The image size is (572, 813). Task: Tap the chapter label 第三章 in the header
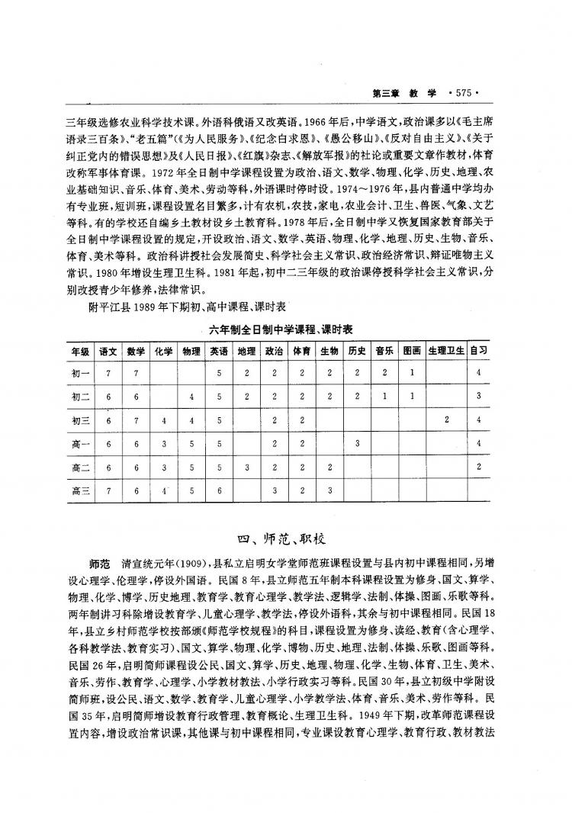pyautogui.click(x=387, y=93)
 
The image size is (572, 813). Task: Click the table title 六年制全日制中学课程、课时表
pyautogui.click(x=284, y=328)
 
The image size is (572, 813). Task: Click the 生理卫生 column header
pyautogui.click(x=446, y=351)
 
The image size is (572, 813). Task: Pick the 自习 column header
pyautogui.click(x=479, y=351)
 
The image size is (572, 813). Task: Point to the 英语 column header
pyautogui.click(x=218, y=351)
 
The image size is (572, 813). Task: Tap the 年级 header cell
pyautogui.click(x=80, y=351)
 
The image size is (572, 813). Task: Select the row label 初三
pyautogui.click(x=80, y=420)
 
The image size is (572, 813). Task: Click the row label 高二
pyautogui.click(x=80, y=467)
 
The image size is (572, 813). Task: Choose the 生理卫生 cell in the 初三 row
pyautogui.click(x=446, y=420)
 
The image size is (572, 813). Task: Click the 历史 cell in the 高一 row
pyautogui.click(x=355, y=443)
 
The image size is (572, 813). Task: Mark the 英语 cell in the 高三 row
pyautogui.click(x=218, y=490)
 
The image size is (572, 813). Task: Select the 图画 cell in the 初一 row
pyautogui.click(x=412, y=373)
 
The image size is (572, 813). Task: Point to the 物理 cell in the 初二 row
pyautogui.click(x=191, y=397)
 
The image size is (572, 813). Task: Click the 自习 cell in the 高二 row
pyautogui.click(x=479, y=467)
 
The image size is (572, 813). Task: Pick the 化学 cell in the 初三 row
pyautogui.click(x=163, y=420)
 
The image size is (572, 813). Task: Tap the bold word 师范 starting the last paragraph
pyautogui.click(x=99, y=565)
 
